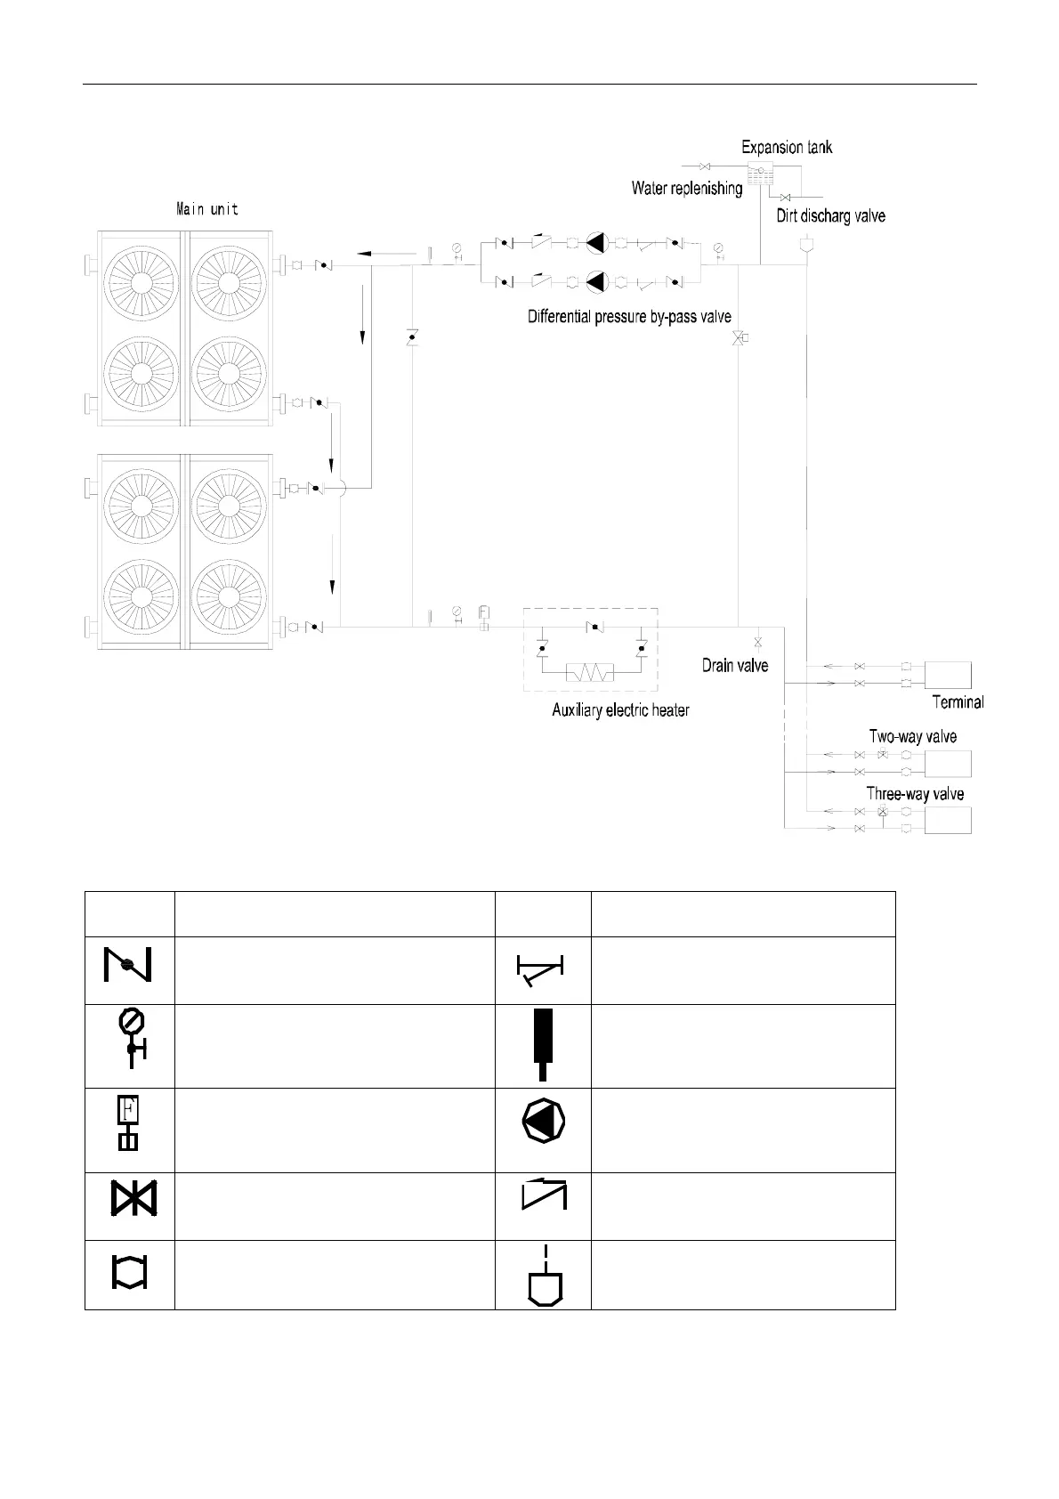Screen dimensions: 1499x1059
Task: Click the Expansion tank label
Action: (x=787, y=147)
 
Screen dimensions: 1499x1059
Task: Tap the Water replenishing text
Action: (x=686, y=188)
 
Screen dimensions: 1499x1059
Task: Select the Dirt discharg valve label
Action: (x=830, y=215)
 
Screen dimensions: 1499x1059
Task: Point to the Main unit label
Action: (x=206, y=210)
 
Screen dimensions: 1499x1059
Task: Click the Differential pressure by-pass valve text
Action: (x=629, y=316)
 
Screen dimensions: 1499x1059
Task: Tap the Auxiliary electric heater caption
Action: (x=620, y=709)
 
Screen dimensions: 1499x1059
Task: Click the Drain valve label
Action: (x=734, y=665)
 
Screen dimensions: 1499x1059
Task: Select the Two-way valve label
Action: (x=912, y=736)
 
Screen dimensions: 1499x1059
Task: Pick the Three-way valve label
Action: (x=915, y=793)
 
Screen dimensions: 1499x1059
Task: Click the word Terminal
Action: (x=958, y=701)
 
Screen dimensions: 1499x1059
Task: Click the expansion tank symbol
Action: (x=760, y=172)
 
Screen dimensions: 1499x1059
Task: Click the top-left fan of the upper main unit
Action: (x=141, y=282)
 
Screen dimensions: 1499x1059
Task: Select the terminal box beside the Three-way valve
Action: (x=947, y=819)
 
